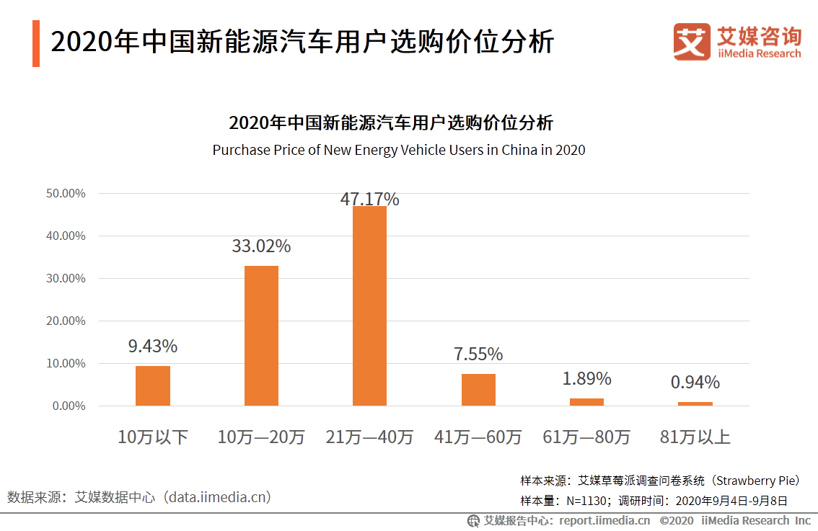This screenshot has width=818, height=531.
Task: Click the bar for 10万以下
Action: pos(153,386)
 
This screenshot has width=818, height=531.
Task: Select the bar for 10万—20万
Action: pos(261,336)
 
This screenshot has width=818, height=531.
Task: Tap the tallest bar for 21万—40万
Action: pos(369,306)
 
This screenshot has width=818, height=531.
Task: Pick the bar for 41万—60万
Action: pos(478,390)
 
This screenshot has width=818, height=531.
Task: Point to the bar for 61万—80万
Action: pos(586,402)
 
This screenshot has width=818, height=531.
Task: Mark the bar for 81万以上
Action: pos(695,403)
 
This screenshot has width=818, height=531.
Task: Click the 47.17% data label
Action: pos(369,199)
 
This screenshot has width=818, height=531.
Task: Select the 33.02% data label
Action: pos(261,246)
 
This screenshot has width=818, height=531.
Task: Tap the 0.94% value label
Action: pos(695,382)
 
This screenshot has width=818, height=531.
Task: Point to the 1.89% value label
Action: pos(586,378)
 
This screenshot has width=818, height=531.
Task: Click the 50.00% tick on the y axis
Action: pos(66,193)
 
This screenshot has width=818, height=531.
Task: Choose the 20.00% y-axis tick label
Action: pos(66,321)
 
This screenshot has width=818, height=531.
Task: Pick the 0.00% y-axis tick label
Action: pos(69,406)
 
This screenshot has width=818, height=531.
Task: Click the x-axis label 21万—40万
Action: pos(369,437)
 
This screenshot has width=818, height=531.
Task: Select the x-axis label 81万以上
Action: pos(695,437)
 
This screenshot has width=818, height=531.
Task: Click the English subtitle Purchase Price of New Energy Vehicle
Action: pos(398,150)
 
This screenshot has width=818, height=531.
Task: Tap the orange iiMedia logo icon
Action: pos(692,42)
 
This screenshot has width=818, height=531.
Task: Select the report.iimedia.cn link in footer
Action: pos(604,520)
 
